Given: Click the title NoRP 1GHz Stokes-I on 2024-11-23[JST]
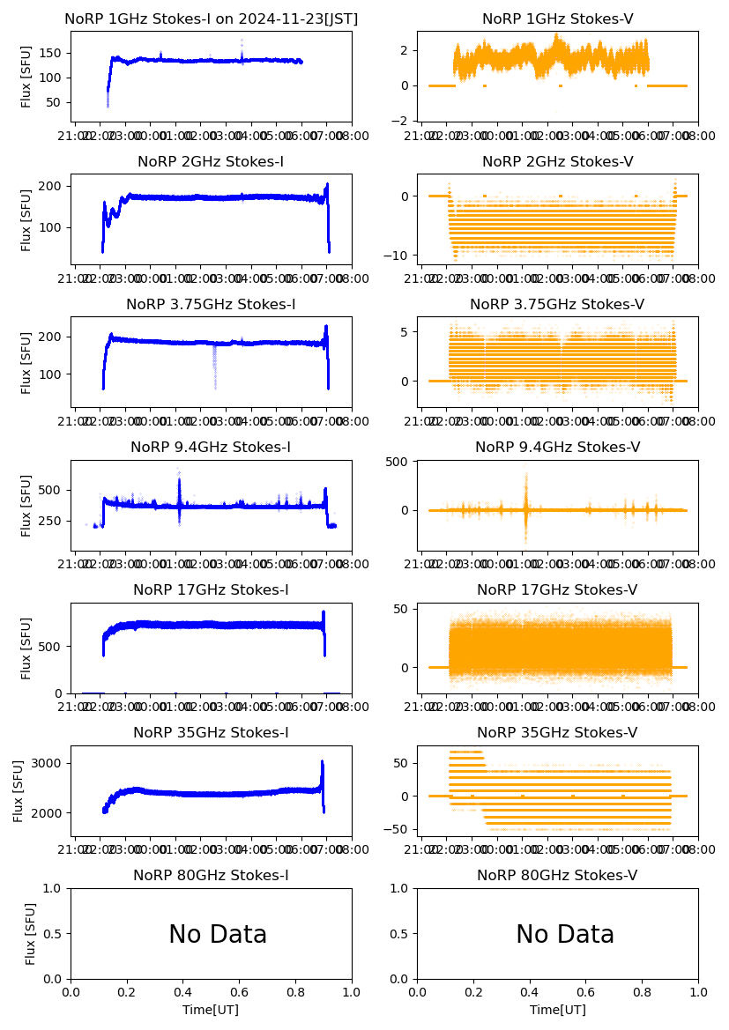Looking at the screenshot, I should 211,19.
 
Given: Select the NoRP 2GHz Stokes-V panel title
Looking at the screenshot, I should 557,162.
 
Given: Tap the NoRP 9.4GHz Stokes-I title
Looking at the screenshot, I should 211,448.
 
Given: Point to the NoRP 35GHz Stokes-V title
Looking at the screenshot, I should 557,733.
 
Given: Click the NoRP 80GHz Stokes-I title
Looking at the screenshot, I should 211,876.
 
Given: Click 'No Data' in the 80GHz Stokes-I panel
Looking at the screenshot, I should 218,935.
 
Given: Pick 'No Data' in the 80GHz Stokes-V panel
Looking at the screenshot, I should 565,935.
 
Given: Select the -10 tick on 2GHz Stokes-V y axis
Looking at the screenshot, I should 398,256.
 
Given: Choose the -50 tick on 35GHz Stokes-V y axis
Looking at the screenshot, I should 398,830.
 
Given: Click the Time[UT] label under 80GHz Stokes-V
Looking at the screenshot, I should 557,1010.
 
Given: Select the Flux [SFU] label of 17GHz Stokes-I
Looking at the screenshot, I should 26,648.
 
